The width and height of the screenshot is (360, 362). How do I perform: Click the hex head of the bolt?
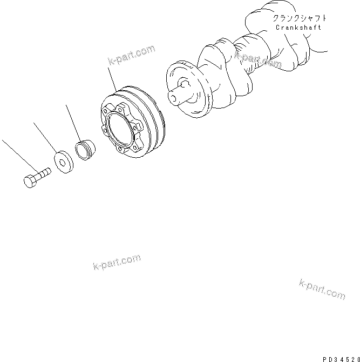[30, 181]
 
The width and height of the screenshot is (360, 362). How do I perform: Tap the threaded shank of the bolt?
[43, 173]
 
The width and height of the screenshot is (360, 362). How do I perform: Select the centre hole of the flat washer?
[64, 160]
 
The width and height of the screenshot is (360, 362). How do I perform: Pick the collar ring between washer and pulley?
[84, 150]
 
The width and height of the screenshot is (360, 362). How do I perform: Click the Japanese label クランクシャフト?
[299, 18]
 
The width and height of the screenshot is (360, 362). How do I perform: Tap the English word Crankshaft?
[298, 28]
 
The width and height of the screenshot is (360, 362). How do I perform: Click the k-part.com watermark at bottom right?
[322, 289]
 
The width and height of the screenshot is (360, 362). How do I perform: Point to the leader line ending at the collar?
[73, 122]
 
